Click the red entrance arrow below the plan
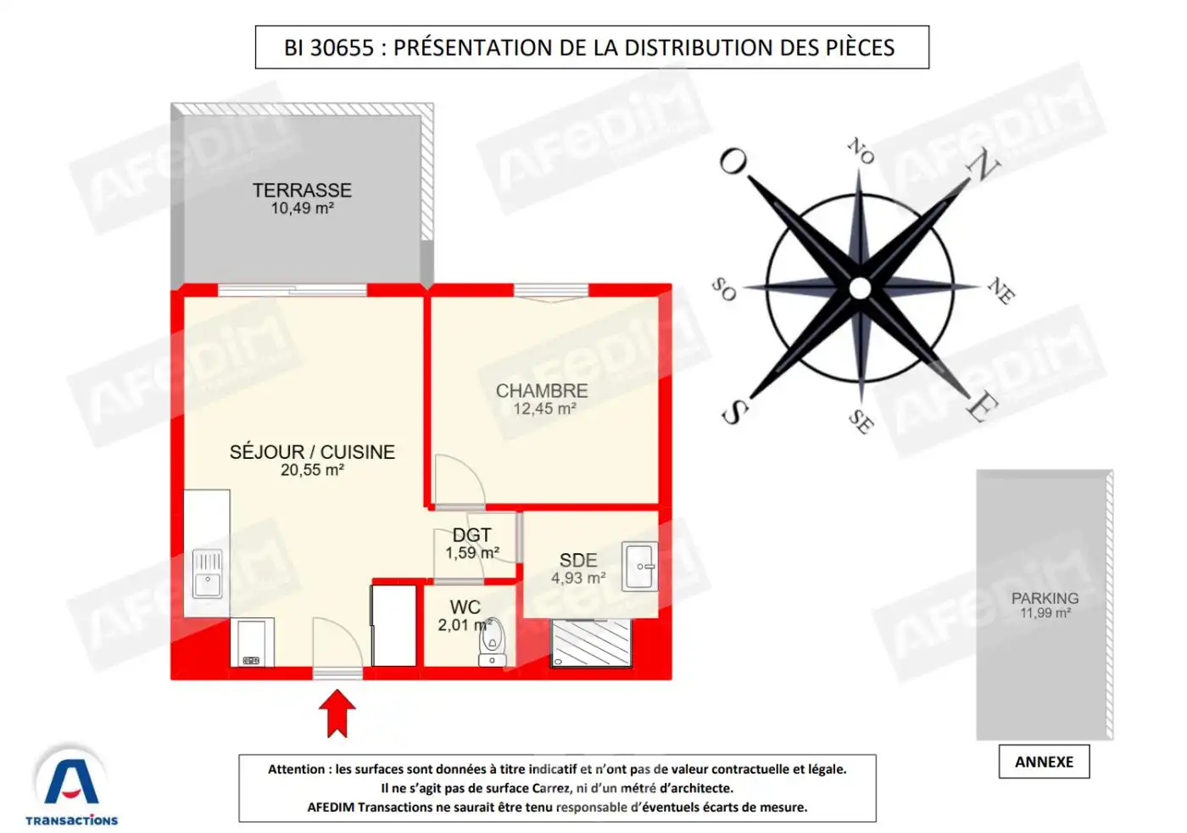click(337, 711)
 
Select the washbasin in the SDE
click(640, 566)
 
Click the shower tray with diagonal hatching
click(591, 643)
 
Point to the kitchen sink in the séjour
click(208, 574)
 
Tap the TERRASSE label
click(302, 190)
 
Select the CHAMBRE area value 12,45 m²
click(544, 409)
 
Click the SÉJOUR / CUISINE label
click(312, 452)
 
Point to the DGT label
click(471, 535)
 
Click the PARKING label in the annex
click(1045, 598)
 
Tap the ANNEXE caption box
click(1044, 762)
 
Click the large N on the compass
click(984, 165)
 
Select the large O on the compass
click(733, 160)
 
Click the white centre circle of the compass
click(860, 288)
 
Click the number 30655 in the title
click(342, 48)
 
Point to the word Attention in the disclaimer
click(297, 769)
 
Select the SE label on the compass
click(860, 421)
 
